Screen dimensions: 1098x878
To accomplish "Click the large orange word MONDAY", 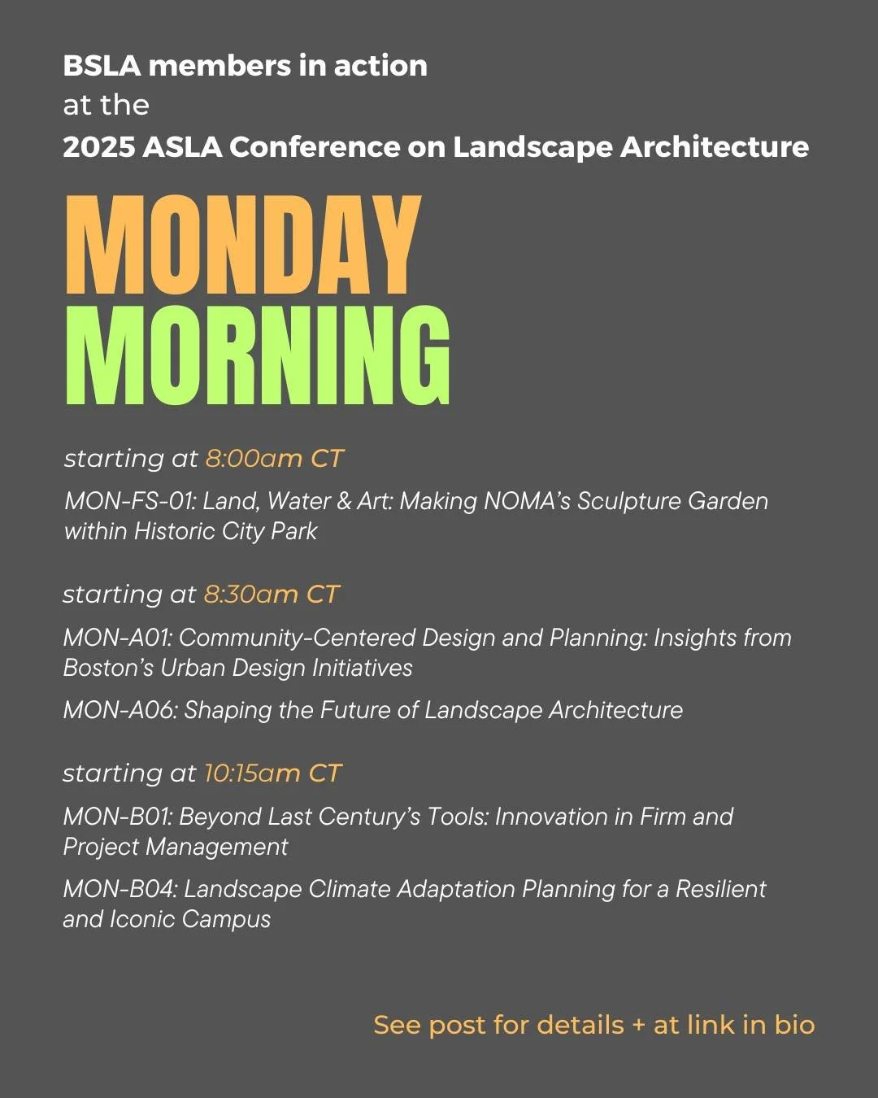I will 242,246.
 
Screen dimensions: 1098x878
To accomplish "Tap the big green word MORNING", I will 257,355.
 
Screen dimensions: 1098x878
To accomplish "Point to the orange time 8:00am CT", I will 274,459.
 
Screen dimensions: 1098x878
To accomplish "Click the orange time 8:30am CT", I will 271,595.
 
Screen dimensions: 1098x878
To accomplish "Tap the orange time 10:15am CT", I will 272,773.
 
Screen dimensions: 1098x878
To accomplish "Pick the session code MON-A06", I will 118,710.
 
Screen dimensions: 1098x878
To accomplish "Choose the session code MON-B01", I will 115,817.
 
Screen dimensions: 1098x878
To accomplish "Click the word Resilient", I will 720,889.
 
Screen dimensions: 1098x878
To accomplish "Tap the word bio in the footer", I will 794,1025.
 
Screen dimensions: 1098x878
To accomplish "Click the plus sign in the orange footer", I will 638,1026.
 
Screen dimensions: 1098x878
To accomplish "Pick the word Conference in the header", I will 315,147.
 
